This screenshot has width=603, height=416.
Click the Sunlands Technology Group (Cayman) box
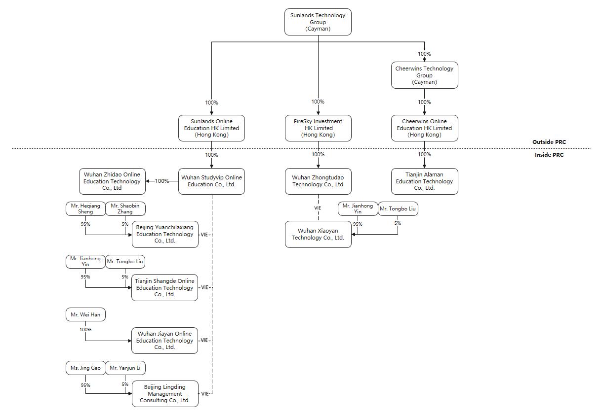(x=318, y=22)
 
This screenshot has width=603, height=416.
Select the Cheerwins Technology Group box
(x=424, y=75)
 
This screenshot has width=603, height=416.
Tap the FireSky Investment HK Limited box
(x=318, y=128)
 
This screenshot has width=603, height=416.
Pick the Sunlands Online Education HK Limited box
(x=211, y=128)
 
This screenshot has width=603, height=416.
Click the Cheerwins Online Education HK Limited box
(x=424, y=128)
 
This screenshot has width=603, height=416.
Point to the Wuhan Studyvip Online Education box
(x=211, y=181)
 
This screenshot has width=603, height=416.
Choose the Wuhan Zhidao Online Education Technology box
(x=112, y=181)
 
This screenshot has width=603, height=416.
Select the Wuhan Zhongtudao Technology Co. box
(x=318, y=181)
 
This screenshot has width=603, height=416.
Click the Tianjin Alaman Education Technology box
(x=424, y=181)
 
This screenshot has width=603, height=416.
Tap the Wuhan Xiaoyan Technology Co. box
(x=318, y=234)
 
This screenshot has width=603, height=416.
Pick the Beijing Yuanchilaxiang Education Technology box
(x=165, y=234)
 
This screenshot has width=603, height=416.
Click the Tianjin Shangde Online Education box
(x=164, y=287)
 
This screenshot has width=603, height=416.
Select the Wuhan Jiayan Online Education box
(x=164, y=340)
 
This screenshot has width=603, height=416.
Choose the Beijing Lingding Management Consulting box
(x=164, y=393)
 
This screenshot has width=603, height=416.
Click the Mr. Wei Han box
(x=85, y=314)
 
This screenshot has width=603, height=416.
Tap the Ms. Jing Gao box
(x=85, y=368)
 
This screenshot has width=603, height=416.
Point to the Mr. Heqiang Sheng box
(x=85, y=209)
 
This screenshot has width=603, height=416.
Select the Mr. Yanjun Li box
(x=125, y=368)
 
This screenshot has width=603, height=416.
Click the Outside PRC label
(x=549, y=142)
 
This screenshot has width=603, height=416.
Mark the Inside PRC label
(x=549, y=155)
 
